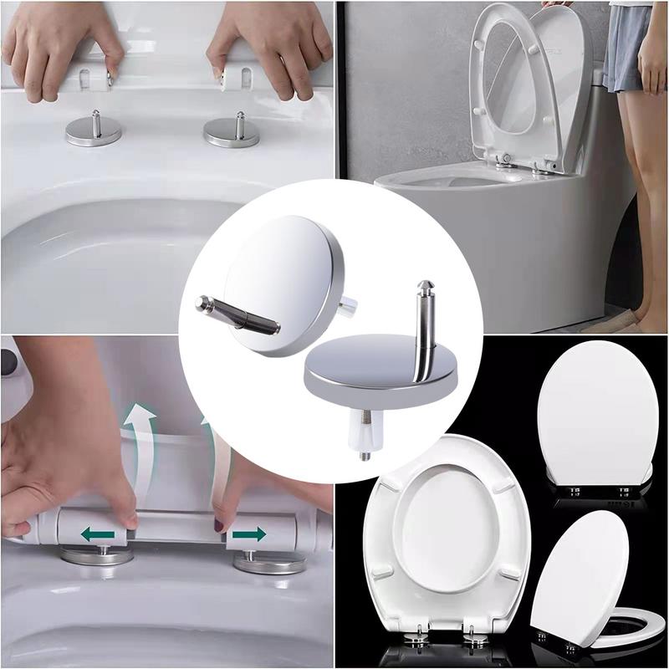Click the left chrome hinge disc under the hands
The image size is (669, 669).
[93, 133]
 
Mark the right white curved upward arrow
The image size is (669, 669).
[212, 426]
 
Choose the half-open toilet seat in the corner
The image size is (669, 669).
[585, 585]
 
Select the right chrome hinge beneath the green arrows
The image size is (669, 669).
[268, 560]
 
